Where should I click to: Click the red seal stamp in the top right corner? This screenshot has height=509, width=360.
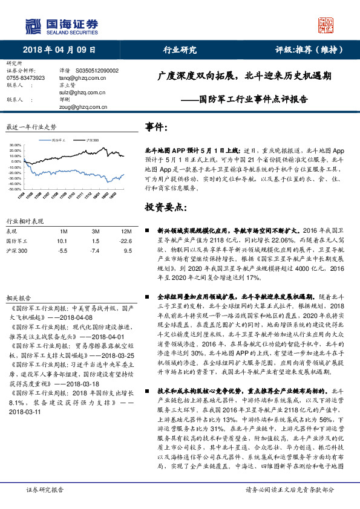[326, 25]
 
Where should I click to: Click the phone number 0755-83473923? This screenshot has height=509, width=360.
[27, 78]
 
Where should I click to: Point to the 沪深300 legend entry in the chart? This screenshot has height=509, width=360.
[92, 140]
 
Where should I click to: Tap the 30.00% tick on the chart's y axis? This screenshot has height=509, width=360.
[16, 146]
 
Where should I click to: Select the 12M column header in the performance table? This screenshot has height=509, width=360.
[126, 231]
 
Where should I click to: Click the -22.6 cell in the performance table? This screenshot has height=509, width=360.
[125, 240]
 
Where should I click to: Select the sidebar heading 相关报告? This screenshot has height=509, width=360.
[18, 298]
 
